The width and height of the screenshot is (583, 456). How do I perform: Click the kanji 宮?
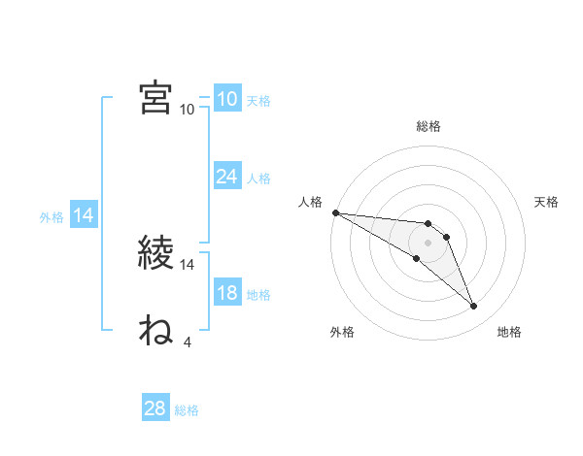[156, 97]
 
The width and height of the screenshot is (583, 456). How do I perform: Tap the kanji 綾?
[156, 253]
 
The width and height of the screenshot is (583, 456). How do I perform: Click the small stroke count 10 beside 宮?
[188, 109]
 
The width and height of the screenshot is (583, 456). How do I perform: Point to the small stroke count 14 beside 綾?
[188, 264]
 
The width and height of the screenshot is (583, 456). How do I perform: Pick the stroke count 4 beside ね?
[187, 342]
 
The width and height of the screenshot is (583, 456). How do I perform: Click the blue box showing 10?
[226, 99]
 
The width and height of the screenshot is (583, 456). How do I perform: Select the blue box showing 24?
[226, 177]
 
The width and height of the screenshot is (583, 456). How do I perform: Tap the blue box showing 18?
[226, 294]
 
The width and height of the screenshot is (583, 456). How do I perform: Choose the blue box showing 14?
[84, 216]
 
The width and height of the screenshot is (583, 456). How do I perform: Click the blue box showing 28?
[155, 408]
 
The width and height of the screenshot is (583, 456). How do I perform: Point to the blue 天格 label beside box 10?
[258, 100]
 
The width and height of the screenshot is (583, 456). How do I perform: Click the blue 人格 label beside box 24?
[258, 178]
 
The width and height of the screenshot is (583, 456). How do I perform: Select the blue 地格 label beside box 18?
[258, 295]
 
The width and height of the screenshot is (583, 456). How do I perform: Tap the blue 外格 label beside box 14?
[51, 217]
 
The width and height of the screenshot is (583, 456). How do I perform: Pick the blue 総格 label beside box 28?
[187, 410]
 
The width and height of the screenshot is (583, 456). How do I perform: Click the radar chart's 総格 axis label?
[429, 126]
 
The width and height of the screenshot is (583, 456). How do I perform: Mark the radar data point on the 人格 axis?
[335, 212]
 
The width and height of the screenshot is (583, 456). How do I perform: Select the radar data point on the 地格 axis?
[474, 307]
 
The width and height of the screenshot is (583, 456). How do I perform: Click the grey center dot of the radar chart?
[429, 242]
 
